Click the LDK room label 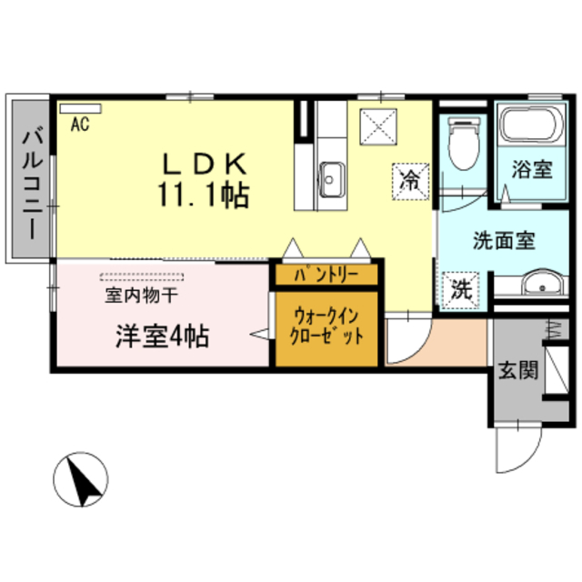[205, 163]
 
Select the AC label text [79, 125]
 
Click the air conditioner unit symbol [81, 108]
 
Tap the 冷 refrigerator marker [411, 178]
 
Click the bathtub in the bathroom [528, 125]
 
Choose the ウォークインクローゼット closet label [326, 326]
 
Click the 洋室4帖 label [161, 336]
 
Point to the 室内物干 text [140, 295]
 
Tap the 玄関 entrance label [516, 371]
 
